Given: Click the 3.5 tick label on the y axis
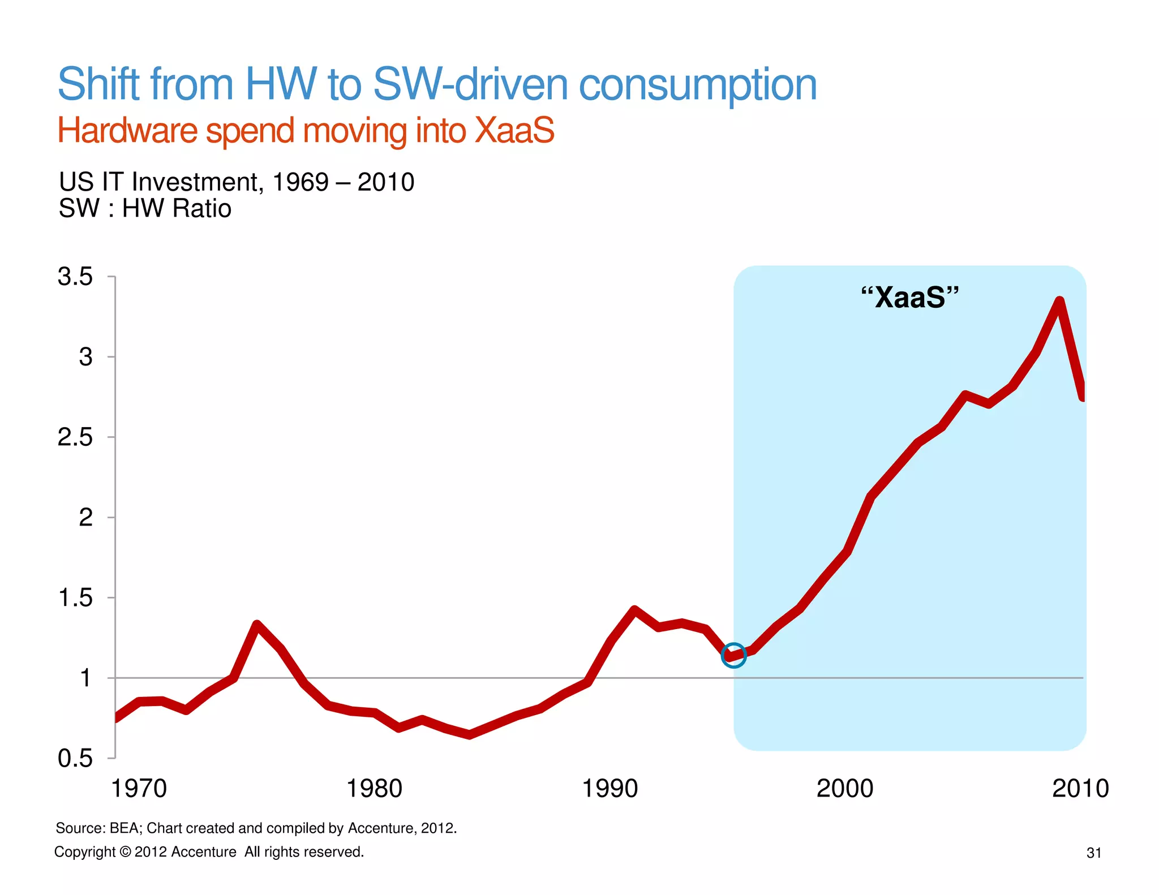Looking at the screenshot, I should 75,277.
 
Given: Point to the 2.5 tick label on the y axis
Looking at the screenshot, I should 75,437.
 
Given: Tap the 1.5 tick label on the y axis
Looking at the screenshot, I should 75,598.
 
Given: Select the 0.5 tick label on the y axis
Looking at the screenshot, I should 75,758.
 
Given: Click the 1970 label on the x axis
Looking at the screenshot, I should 139,789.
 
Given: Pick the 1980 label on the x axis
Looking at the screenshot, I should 374,789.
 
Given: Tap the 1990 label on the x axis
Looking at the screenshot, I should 609,789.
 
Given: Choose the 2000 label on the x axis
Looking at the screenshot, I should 844,789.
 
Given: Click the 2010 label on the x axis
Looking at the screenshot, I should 1080,789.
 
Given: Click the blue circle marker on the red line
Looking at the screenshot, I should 733,655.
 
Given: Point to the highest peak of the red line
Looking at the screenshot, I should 1059,302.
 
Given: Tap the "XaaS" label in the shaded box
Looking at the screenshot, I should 909,297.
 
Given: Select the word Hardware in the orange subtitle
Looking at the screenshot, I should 127,131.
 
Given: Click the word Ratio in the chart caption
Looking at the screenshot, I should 202,208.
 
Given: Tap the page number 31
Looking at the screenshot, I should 1093,853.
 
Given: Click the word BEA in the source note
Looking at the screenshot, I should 126,828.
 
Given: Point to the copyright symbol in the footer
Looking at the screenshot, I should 125,852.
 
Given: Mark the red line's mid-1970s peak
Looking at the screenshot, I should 257,625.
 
